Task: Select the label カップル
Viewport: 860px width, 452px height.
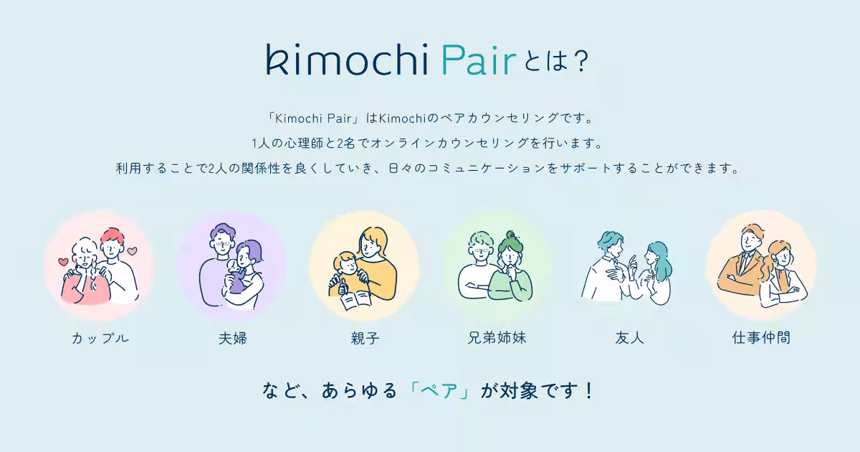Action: (100, 337)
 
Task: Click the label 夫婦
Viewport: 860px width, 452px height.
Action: (232, 337)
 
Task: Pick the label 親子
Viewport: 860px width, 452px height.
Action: (365, 337)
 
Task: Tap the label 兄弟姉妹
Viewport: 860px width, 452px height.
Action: (497, 337)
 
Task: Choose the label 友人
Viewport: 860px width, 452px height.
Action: (629, 337)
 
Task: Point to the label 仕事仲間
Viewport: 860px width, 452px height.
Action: (761, 337)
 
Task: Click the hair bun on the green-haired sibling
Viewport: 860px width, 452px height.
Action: (511, 235)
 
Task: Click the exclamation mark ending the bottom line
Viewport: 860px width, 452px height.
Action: (589, 391)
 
